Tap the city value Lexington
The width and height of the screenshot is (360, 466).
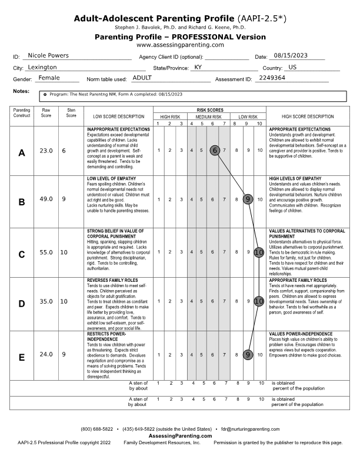click(x=47, y=67)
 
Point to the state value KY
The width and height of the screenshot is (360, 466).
click(x=198, y=67)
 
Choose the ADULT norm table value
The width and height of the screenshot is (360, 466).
click(x=142, y=78)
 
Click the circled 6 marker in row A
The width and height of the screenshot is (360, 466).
click(x=215, y=150)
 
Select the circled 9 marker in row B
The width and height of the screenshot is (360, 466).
click(x=248, y=199)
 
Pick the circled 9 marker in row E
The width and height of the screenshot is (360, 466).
click(x=248, y=355)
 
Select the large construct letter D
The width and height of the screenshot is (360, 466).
click(x=22, y=304)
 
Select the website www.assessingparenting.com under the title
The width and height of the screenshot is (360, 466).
click(x=180, y=45)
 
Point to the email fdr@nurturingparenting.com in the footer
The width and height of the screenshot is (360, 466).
click(x=250, y=430)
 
